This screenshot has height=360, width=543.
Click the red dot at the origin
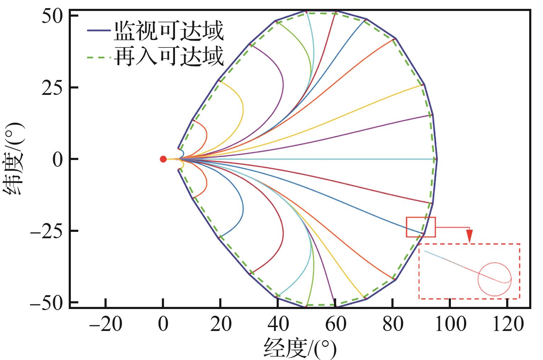click(x=163, y=159)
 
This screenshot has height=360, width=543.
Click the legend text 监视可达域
click(x=169, y=32)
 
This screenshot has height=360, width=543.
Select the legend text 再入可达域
click(x=169, y=57)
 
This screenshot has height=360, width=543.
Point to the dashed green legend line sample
click(x=99, y=57)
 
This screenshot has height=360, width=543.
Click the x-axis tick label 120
click(x=507, y=324)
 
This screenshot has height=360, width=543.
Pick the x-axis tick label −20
click(x=105, y=324)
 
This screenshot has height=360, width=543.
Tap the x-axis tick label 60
click(x=335, y=324)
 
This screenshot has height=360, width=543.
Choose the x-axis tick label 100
click(x=450, y=324)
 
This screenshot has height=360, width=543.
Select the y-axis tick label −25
click(x=46, y=231)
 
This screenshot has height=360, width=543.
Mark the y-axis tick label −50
click(x=46, y=303)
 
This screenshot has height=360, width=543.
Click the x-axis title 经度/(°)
click(x=300, y=348)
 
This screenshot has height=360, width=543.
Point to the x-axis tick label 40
click(x=278, y=324)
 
